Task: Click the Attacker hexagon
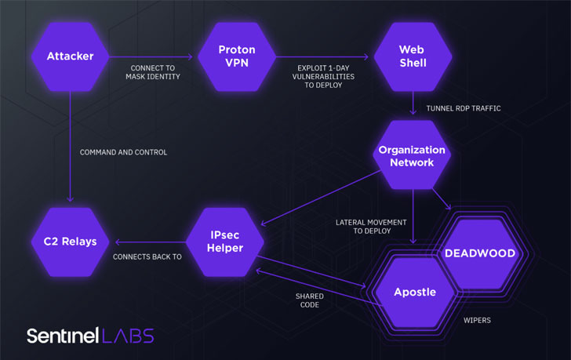(70, 56)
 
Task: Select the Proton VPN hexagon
(237, 56)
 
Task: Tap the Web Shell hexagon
(412, 56)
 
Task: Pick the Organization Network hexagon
(412, 156)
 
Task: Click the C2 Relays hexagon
(70, 242)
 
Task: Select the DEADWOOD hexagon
(480, 253)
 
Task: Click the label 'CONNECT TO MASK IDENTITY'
(153, 72)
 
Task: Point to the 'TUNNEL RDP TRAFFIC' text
(463, 108)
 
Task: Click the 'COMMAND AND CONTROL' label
(123, 152)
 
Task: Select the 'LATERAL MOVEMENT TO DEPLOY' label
(371, 227)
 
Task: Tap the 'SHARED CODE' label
(309, 300)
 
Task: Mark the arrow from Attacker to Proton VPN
(150, 57)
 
